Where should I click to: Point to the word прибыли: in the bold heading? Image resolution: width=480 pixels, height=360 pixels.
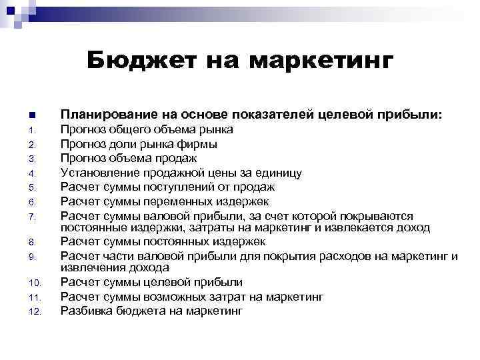pyautogui.click(x=408, y=114)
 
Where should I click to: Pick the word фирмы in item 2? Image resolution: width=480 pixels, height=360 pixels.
pyautogui.click(x=197, y=144)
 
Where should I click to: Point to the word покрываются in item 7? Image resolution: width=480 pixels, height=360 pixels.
pyautogui.click(x=376, y=216)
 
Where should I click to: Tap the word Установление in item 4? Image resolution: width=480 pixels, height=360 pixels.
pyautogui.click(x=97, y=173)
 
